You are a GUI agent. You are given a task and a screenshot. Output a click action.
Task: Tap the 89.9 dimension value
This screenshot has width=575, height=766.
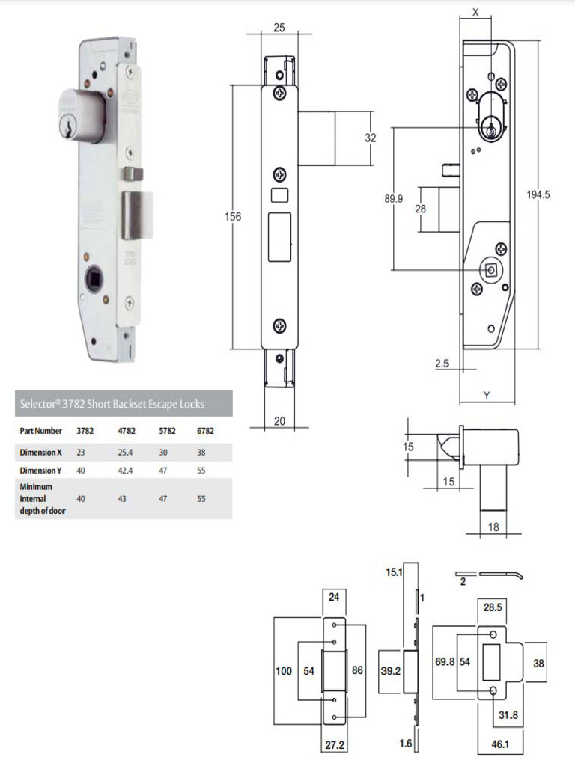click(x=394, y=199)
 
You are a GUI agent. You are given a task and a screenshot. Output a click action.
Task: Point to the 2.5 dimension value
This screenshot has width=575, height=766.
click(x=442, y=364)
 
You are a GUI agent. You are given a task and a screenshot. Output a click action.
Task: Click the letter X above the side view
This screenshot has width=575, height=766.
click(x=475, y=12)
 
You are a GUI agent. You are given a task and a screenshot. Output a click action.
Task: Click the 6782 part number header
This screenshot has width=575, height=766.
click(x=205, y=431)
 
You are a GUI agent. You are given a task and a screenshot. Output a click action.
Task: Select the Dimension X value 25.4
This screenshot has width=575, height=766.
click(x=124, y=453)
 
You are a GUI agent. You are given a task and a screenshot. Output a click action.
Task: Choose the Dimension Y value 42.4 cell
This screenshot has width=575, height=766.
click(x=124, y=471)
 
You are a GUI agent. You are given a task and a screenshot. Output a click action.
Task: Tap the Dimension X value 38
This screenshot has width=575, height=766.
click(x=201, y=453)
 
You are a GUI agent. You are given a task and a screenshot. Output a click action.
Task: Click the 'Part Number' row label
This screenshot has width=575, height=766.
click(x=40, y=431)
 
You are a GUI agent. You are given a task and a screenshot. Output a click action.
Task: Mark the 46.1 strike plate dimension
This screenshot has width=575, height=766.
click(x=499, y=745)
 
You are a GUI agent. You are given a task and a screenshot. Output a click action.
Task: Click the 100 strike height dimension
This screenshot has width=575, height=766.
click(x=283, y=671)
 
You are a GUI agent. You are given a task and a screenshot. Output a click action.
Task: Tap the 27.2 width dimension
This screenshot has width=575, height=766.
click(x=334, y=745)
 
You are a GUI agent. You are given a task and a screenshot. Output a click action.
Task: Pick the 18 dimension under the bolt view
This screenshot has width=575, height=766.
click(x=493, y=527)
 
